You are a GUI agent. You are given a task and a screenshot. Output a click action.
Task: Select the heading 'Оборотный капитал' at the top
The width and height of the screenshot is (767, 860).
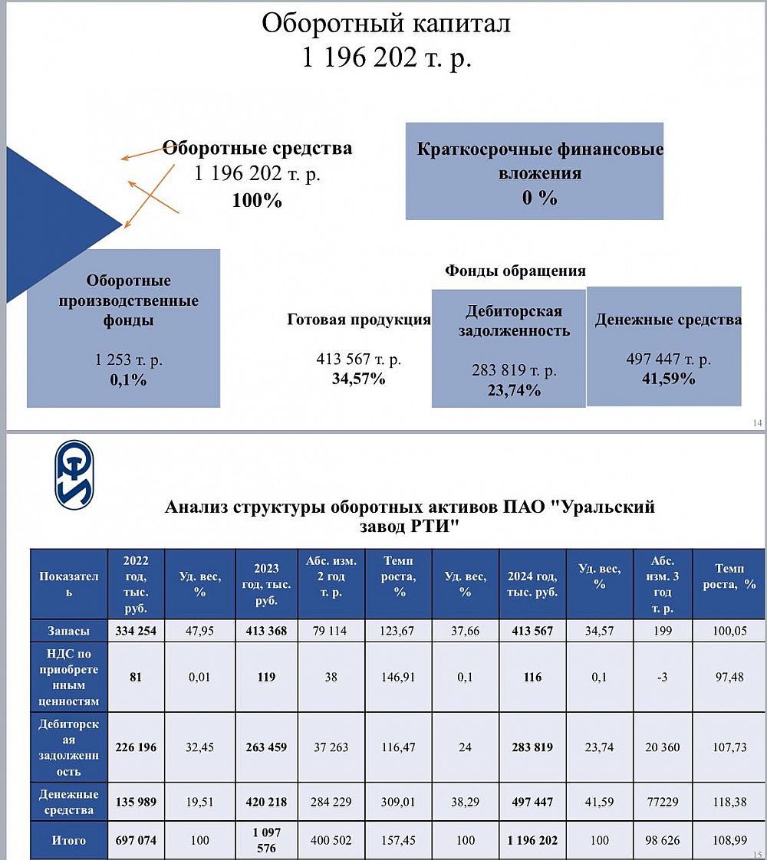[386, 23]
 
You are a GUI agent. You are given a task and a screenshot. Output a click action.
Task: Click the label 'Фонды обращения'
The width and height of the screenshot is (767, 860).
[515, 271]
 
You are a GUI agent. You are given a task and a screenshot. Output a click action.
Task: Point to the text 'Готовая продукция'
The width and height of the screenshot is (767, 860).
[359, 320]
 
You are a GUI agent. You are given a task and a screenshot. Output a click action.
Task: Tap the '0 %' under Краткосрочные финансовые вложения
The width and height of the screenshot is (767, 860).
[539, 197]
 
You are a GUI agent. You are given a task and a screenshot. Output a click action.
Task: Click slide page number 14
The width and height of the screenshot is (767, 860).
[757, 423]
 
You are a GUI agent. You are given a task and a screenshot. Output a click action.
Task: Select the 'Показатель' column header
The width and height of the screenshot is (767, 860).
[69, 584]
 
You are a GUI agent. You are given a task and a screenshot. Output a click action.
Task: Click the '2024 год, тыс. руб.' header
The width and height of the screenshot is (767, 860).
[532, 584]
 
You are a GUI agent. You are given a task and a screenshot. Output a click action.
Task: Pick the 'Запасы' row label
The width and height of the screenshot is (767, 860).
[69, 631]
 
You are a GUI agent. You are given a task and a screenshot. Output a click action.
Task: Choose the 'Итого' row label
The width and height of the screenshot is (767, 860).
[69, 840]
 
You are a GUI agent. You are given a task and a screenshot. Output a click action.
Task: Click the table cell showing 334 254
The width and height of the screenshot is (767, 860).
[135, 631]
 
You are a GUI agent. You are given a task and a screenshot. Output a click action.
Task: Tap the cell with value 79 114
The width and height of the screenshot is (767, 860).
[332, 631]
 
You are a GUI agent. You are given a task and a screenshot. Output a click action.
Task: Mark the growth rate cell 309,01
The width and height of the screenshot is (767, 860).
[398, 802]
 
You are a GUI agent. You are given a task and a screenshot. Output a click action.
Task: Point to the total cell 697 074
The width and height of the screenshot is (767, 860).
[135, 840]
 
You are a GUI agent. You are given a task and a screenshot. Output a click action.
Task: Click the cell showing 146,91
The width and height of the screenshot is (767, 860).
[398, 677]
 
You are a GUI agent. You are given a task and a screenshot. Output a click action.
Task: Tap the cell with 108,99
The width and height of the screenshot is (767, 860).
[729, 840]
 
